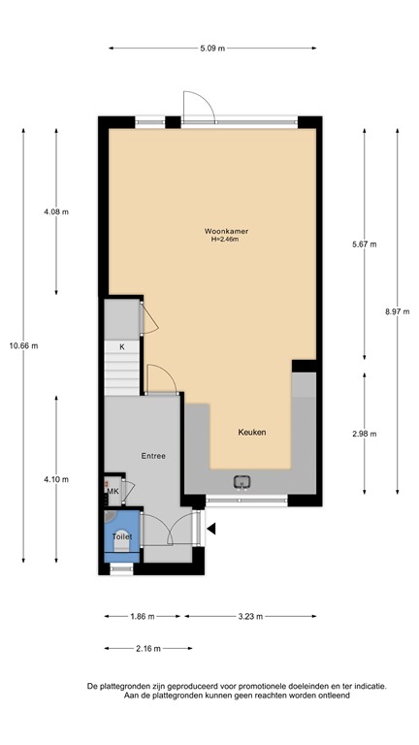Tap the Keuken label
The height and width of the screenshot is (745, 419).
[252, 432]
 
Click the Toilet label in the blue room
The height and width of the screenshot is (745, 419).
[121, 535]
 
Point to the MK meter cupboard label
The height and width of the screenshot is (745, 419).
[113, 492]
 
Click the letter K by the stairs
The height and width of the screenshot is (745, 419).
[122, 346]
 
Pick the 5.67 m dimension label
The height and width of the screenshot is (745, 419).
[364, 243]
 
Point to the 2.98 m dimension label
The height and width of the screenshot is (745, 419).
[364, 433]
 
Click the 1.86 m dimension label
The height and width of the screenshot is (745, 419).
[143, 616]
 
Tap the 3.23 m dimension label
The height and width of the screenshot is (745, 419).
[249, 616]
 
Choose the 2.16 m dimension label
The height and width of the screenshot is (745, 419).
[147, 649]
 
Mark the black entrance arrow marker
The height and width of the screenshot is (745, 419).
[210, 529]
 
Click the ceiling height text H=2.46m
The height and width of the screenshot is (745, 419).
[224, 240]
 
